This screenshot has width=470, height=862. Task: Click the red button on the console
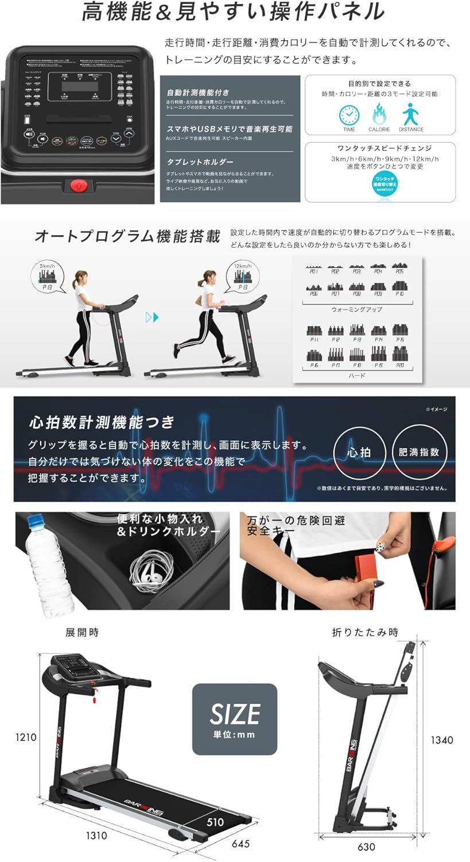pyautogui.click(x=79, y=186)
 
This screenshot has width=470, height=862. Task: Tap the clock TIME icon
pyautogui.click(x=349, y=114)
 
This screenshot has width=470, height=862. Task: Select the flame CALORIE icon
pyautogui.click(x=379, y=114)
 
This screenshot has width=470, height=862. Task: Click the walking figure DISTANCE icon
pyautogui.click(x=411, y=114)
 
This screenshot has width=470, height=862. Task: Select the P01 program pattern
pyautogui.click(x=313, y=268)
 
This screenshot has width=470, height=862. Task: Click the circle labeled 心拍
pyautogui.click(x=359, y=452)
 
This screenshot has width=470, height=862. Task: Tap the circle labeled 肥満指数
pyautogui.click(x=419, y=452)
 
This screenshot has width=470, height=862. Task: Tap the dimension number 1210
pyautogui.click(x=26, y=737)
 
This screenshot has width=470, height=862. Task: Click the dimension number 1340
pyautogui.click(x=442, y=740)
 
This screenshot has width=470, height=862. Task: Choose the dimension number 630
pyautogui.click(x=366, y=846)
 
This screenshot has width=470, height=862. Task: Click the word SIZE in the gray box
pyautogui.click(x=235, y=714)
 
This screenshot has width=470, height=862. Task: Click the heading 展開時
pyautogui.click(x=82, y=632)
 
